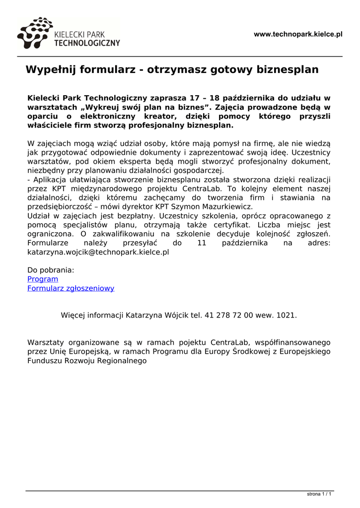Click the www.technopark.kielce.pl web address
point(298,34)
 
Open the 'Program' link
point(43,279)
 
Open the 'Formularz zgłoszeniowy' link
point(71,288)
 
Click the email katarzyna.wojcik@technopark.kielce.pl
point(98,252)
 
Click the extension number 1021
point(287,315)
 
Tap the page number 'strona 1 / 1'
point(319,494)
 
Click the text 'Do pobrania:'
point(51,270)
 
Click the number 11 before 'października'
point(201,243)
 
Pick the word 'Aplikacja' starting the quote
point(49,180)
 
